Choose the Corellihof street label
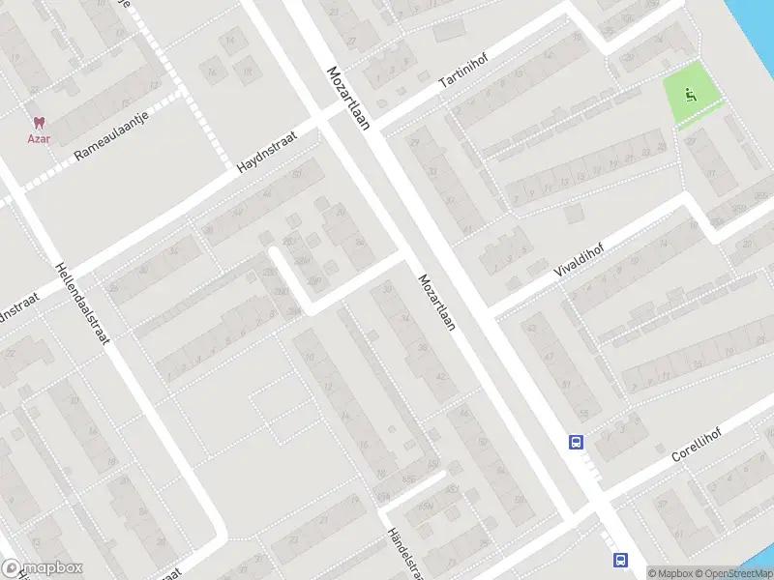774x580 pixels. pos(697,441)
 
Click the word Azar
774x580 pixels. pos(39,138)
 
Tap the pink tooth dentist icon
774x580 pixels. pos(39,123)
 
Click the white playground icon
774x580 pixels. pos(690,94)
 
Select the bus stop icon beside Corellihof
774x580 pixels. pos(576,442)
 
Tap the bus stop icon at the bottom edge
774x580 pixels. pos(620,560)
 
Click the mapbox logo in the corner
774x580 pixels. pos(43,568)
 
